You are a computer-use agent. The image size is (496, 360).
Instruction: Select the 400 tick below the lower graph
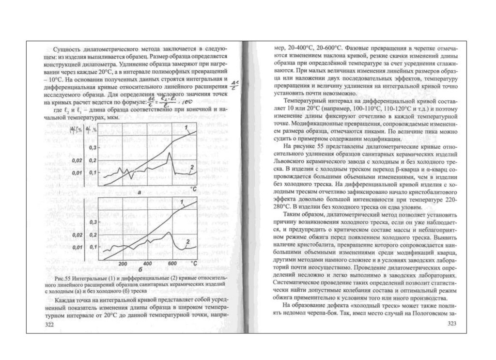[147, 263]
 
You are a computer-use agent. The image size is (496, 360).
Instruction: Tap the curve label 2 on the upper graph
[192, 168]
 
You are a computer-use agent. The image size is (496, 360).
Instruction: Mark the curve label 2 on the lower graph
[187, 241]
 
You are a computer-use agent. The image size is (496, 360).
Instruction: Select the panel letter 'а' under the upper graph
[139, 193]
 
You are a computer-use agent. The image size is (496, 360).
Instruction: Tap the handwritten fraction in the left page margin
[235, 84]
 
